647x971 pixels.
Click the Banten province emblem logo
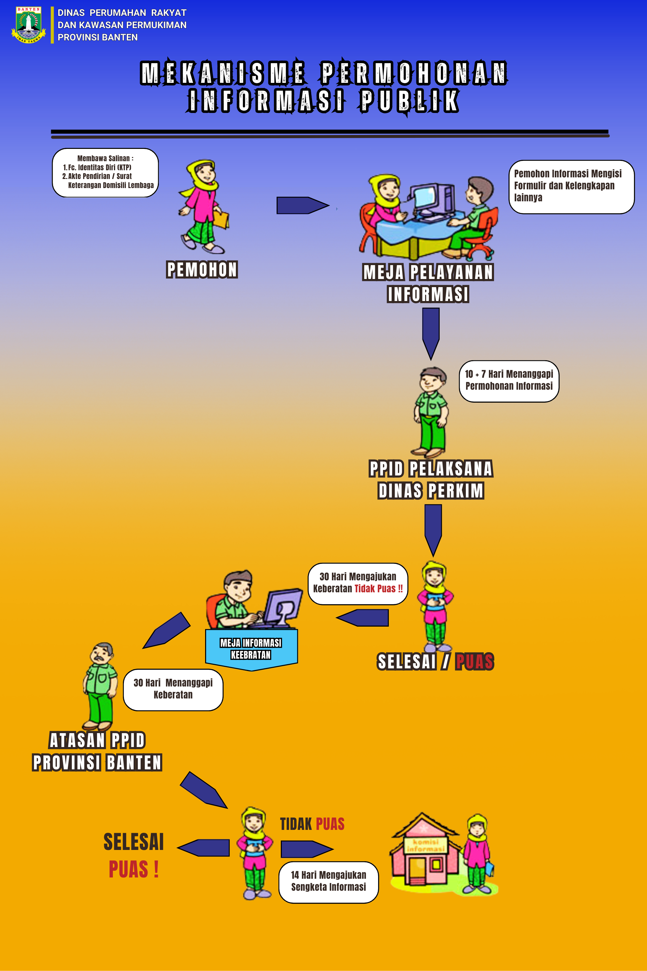coord(28,25)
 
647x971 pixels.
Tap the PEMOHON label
coord(202,270)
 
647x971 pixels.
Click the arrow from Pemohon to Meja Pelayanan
coord(302,205)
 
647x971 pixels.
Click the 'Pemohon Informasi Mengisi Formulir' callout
coord(571,187)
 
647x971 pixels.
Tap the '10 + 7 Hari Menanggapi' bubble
coord(509,381)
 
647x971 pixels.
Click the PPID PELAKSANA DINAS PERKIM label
coord(431,480)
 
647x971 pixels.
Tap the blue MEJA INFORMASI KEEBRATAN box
coord(251,649)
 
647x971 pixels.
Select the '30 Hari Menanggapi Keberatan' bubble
coord(173,689)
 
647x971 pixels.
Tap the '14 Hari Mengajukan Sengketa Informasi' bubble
coord(328,882)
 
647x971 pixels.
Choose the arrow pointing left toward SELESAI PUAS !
coord(204,848)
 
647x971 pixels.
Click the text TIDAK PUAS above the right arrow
coord(312,824)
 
